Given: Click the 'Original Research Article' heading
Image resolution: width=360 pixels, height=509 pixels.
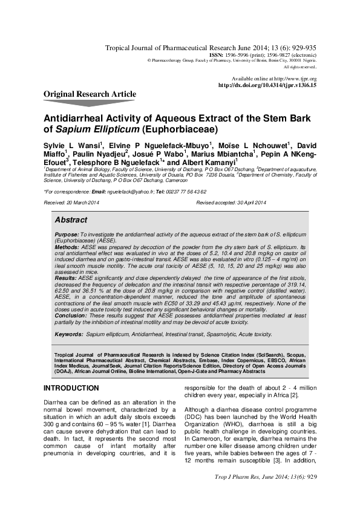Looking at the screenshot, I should click(x=90, y=94).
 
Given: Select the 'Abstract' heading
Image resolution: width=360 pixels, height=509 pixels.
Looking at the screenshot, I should click(x=71, y=219).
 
